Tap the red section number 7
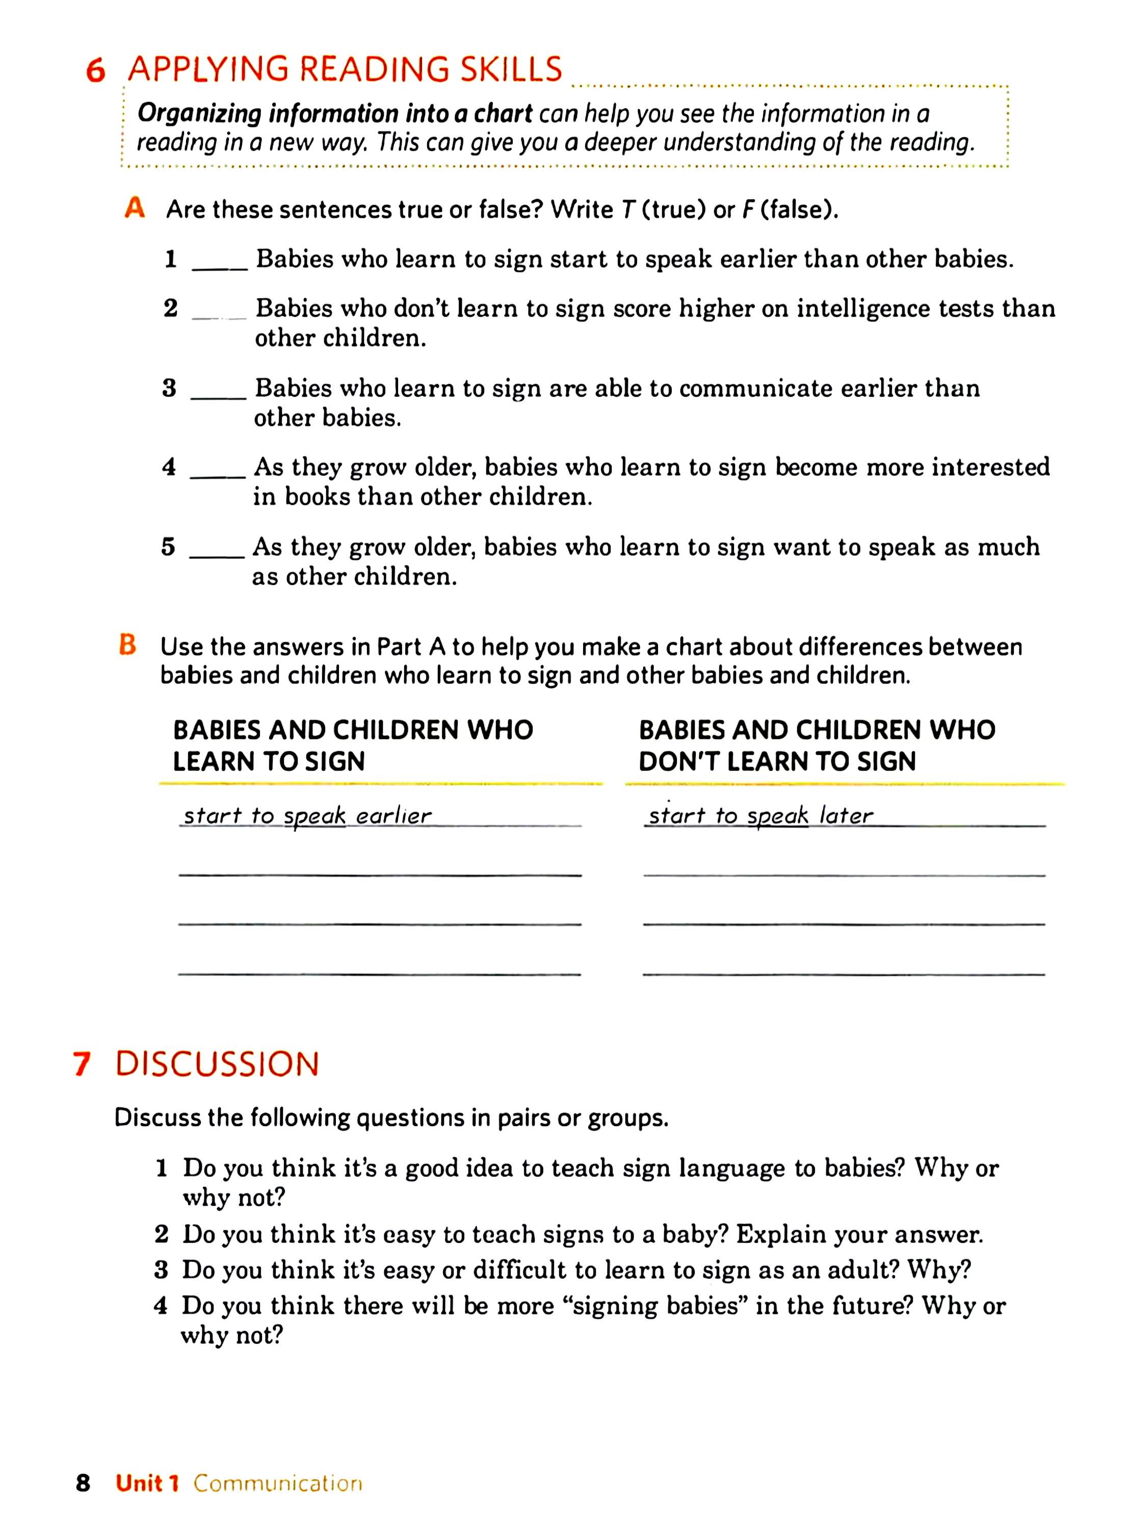click(82, 1064)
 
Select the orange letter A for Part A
click(135, 208)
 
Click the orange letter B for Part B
click(128, 645)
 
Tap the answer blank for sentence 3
click(218, 397)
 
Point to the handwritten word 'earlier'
click(394, 815)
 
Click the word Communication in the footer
click(278, 1484)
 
